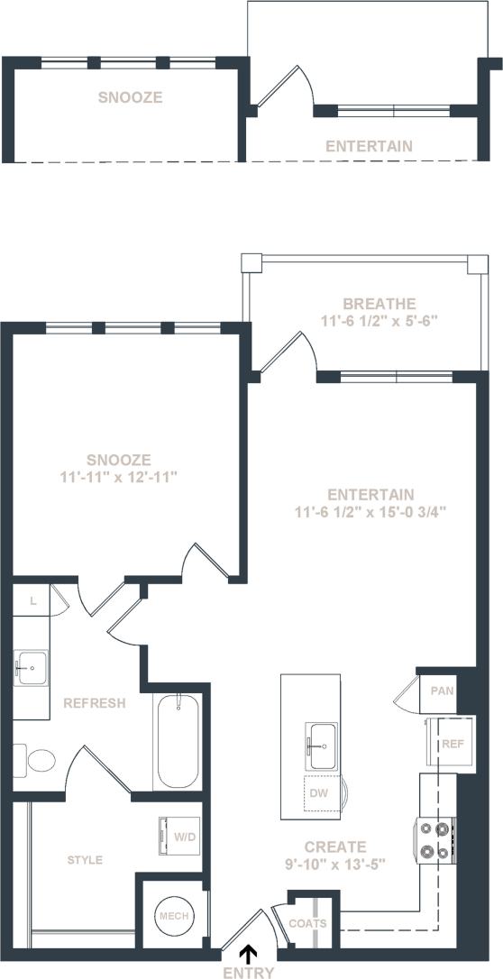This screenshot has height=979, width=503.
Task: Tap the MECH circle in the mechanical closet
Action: pos(172,916)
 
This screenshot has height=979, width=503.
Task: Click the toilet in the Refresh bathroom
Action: pos(36,762)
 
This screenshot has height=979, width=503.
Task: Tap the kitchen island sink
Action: pos(320,741)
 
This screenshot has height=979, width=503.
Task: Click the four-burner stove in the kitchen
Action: pos(434,840)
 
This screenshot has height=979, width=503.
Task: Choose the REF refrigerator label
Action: pos(452,744)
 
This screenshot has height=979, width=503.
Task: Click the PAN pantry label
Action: pos(442,691)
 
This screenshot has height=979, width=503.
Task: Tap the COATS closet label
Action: pos(307,923)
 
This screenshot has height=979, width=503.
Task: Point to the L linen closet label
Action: pos(32,599)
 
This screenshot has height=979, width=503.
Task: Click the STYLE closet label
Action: pos(85,860)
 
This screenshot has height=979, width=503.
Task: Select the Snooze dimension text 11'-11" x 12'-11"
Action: pos(125,475)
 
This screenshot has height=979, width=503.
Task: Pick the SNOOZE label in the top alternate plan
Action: pos(131,97)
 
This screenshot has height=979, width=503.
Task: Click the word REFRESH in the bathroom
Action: pos(95,703)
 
